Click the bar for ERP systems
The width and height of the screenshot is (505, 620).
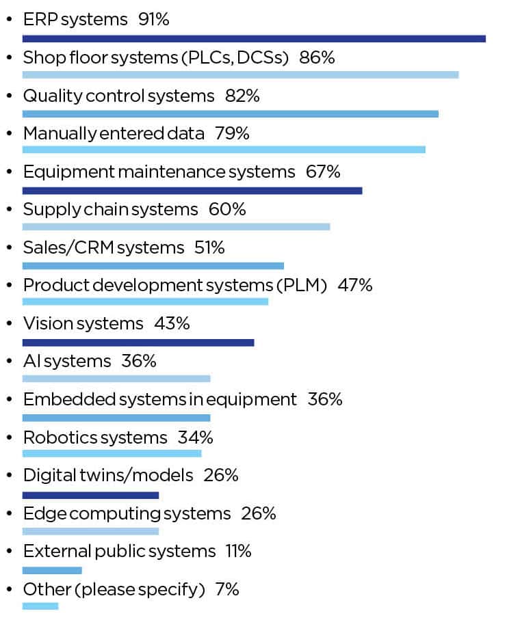pyautogui.click(x=254, y=38)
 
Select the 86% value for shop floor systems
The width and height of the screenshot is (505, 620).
pyautogui.click(x=316, y=57)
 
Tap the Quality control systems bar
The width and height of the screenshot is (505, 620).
pyautogui.click(x=230, y=113)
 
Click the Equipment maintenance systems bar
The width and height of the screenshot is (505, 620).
pyautogui.click(x=192, y=190)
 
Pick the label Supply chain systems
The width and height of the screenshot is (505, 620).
pyautogui.click(x=110, y=209)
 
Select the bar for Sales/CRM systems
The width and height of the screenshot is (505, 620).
pyautogui.click(x=153, y=265)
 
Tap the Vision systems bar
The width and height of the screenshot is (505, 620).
pyautogui.click(x=138, y=342)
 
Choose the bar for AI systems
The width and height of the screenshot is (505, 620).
pyautogui.click(x=116, y=378)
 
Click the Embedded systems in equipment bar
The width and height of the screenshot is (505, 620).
pyautogui.click(x=116, y=418)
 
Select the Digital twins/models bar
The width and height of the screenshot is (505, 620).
pyautogui.click(x=90, y=495)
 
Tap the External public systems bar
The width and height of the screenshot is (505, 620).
pyautogui.click(x=52, y=570)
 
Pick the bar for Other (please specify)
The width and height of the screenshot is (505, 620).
pyautogui.click(x=40, y=606)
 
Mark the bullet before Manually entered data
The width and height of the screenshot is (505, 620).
pyautogui.click(x=8, y=134)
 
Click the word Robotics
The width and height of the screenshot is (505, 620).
pyautogui.click(x=58, y=437)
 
